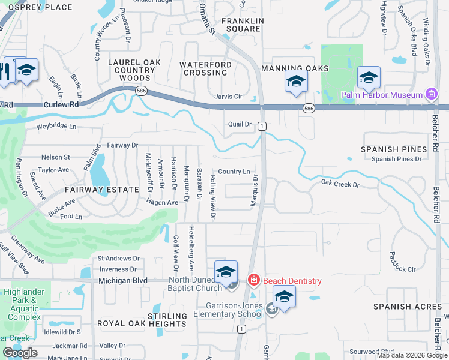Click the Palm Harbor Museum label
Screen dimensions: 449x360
381,95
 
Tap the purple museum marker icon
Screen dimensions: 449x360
430,94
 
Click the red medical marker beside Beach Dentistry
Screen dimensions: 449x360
254,280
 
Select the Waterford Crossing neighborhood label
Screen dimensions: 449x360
206,68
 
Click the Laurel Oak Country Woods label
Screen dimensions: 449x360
135,70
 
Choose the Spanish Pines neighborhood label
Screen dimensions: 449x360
394,149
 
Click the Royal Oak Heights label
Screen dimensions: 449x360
142,324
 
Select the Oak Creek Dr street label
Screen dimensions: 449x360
339,184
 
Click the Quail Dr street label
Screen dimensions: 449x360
239,124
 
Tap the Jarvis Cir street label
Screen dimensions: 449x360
228,96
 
